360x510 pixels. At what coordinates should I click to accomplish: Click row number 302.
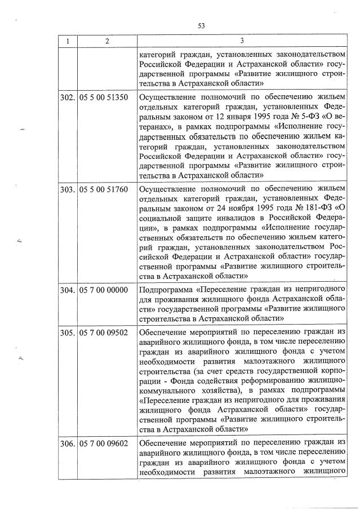click(67, 97)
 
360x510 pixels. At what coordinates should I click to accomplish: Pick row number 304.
click(67, 290)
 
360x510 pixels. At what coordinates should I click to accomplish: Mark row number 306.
click(67, 444)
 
